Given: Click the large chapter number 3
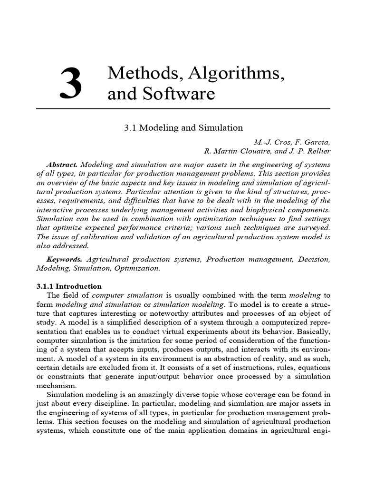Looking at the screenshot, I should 72,84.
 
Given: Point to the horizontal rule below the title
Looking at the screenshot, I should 183,109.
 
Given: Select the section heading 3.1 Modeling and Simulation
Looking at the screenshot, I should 183,128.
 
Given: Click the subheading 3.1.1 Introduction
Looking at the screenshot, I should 69,286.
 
